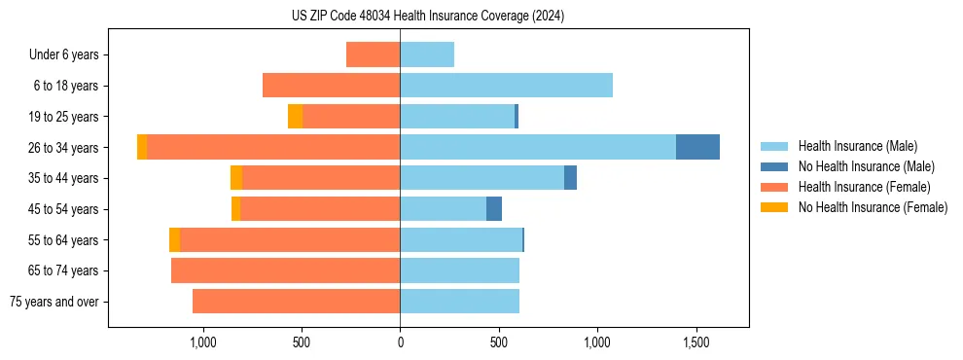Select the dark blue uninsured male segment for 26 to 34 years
click(697, 147)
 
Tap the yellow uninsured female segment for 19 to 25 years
click(295, 117)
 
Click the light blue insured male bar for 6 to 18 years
click(506, 86)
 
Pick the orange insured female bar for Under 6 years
click(373, 54)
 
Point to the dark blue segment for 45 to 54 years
click(494, 209)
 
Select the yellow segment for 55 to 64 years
click(174, 240)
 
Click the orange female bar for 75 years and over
click(296, 302)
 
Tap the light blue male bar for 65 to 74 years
click(459, 270)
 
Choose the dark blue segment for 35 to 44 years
click(570, 178)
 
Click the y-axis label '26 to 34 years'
click(65, 148)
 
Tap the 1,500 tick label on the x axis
click(696, 343)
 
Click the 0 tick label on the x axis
click(400, 343)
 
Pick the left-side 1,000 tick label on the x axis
click(202, 343)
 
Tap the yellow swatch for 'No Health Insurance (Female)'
click(774, 207)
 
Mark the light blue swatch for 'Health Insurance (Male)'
click(774, 146)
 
